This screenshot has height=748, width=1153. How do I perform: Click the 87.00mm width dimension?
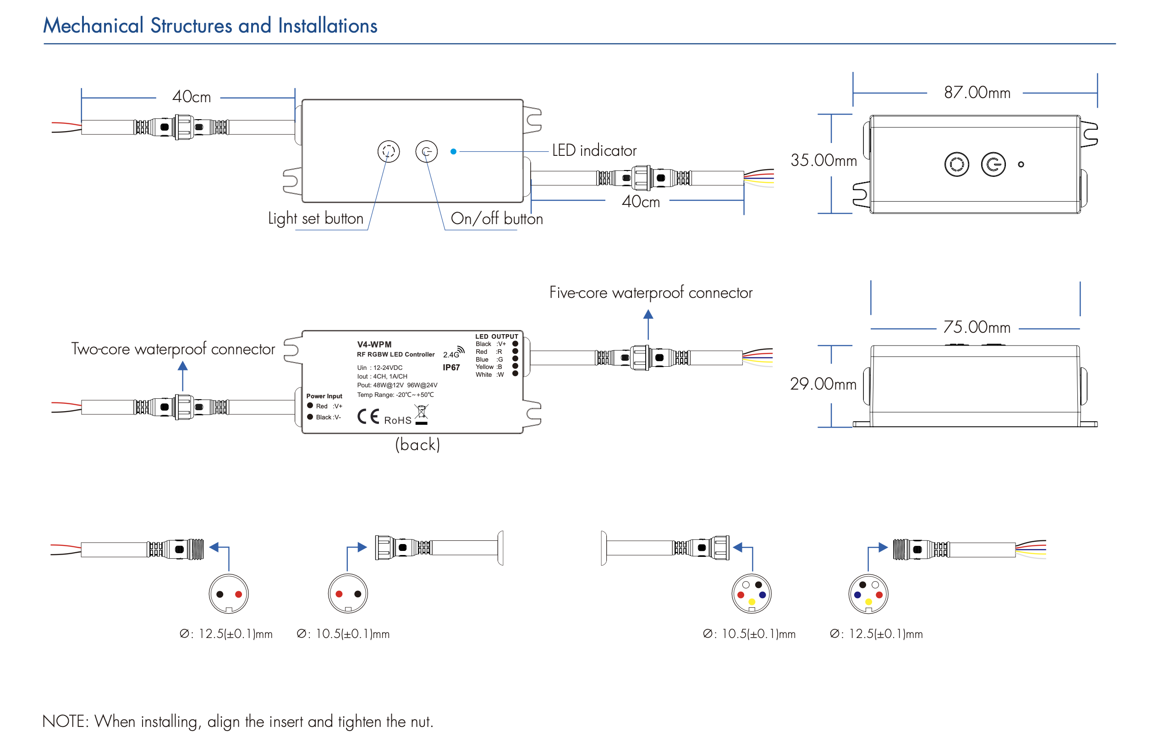coord(977,93)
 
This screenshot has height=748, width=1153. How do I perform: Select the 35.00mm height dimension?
coord(823,160)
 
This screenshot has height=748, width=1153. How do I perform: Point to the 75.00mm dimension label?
coord(976,328)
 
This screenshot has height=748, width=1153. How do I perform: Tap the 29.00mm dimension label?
coord(823,384)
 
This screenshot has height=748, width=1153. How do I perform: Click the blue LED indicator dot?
coord(453,152)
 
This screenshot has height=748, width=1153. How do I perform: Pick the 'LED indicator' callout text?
coord(594,151)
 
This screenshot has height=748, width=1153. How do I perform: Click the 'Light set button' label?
coord(315,219)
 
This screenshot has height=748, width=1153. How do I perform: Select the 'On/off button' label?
coord(497,219)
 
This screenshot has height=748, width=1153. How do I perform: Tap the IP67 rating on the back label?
coord(451,368)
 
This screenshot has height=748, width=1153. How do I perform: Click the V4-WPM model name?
coord(374,345)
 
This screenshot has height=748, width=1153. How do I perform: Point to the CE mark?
coord(368,417)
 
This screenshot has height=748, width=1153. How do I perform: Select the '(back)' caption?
coord(417,445)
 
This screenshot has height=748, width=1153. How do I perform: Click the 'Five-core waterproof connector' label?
coord(650,292)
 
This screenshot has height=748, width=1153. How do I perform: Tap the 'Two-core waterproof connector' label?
coord(173,349)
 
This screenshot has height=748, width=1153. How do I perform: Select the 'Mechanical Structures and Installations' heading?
coord(210,26)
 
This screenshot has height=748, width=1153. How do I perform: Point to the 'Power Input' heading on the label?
coord(324,396)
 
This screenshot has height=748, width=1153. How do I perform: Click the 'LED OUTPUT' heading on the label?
coord(497,336)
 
